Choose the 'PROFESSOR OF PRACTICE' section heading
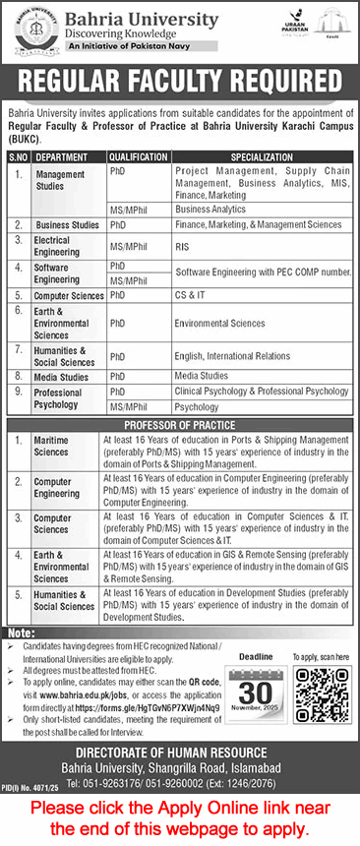coord(180,424)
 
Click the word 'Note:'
coord(20,633)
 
